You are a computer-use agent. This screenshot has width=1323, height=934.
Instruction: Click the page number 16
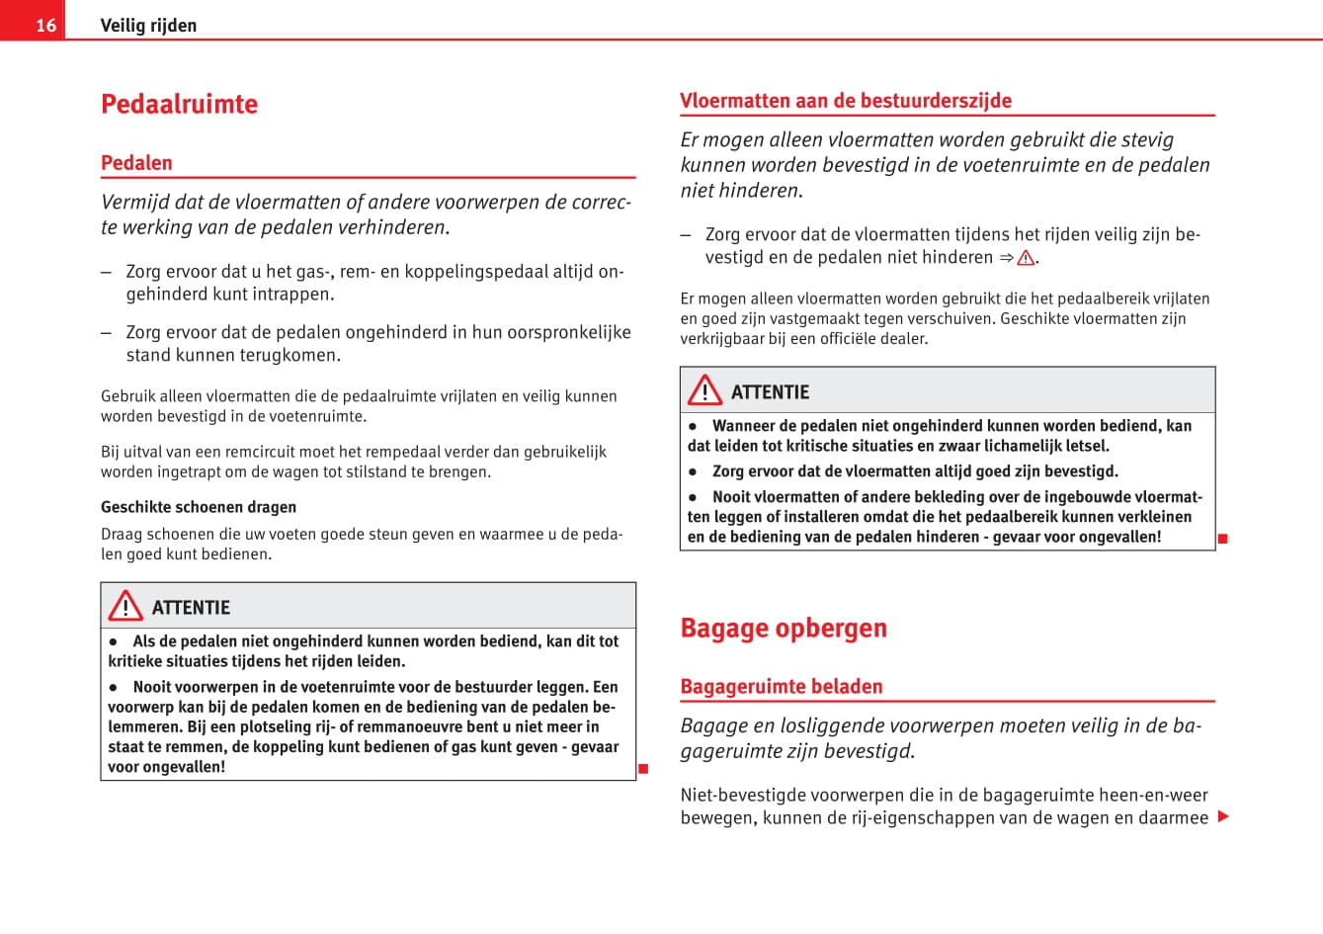click(x=45, y=25)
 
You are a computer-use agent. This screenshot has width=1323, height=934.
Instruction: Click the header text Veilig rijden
click(x=148, y=25)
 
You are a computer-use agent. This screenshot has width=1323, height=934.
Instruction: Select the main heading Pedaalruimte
click(x=179, y=104)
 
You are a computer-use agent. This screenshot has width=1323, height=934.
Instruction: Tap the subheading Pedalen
click(x=136, y=163)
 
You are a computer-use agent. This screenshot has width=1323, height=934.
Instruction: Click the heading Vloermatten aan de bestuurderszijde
click(x=845, y=101)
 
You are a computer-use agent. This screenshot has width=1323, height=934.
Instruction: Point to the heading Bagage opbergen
click(x=783, y=628)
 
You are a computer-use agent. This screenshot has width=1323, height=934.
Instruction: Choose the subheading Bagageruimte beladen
click(x=781, y=686)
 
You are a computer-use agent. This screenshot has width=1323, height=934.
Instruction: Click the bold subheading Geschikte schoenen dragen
click(x=198, y=507)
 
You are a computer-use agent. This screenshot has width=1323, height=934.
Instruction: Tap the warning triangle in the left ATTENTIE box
click(x=125, y=606)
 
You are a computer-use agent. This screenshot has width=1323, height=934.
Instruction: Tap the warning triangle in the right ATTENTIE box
click(x=704, y=390)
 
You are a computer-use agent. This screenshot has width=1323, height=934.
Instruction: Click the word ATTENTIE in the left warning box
click(x=191, y=608)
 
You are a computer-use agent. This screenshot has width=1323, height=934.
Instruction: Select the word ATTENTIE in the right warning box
click(x=770, y=392)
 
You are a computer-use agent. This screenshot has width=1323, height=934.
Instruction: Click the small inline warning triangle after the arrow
click(x=1026, y=258)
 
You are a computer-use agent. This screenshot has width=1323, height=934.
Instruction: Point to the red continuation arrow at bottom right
click(x=1223, y=816)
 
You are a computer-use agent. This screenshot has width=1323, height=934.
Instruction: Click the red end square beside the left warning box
click(x=642, y=769)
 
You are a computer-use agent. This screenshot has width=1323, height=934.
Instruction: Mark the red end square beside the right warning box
click(x=1222, y=539)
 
